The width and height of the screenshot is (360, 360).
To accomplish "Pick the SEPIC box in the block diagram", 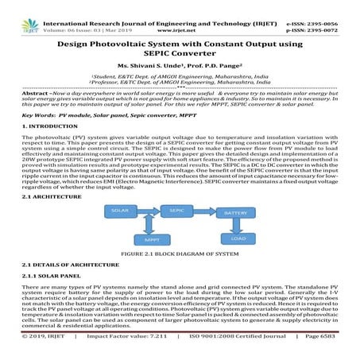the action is click(x=177, y=210).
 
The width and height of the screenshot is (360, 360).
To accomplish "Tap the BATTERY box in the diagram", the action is click(x=234, y=213).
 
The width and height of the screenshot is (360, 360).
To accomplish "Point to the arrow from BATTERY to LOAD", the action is click(x=234, y=226).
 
